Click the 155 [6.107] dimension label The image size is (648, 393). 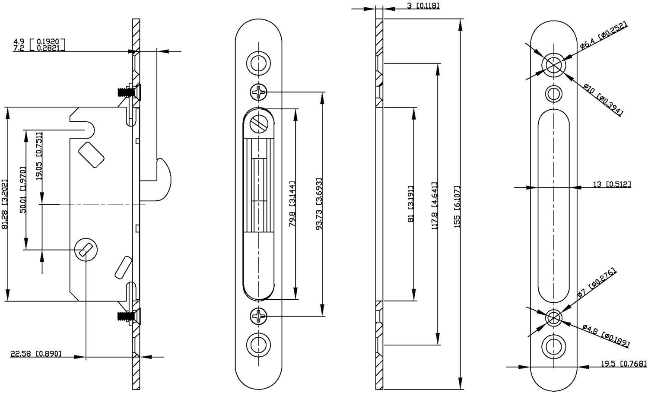coord(457,206)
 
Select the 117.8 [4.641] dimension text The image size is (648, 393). coord(435,206)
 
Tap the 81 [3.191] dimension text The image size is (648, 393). coord(411,204)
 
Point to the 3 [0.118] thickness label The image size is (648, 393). coord(423,6)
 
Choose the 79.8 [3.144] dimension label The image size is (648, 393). coord(292,204)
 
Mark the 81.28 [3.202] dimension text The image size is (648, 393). coord(5,204)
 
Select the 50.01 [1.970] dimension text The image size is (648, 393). coord(23,190)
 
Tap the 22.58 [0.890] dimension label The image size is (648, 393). coord(36,354)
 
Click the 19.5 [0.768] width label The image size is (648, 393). coord(623,364)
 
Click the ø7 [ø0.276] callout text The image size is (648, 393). coord(597,283)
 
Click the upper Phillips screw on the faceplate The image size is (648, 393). coord(259,92)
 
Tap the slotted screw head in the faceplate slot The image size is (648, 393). coord(259,124)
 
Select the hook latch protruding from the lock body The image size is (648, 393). coord(162,179)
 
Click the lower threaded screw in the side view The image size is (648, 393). coord(125,316)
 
